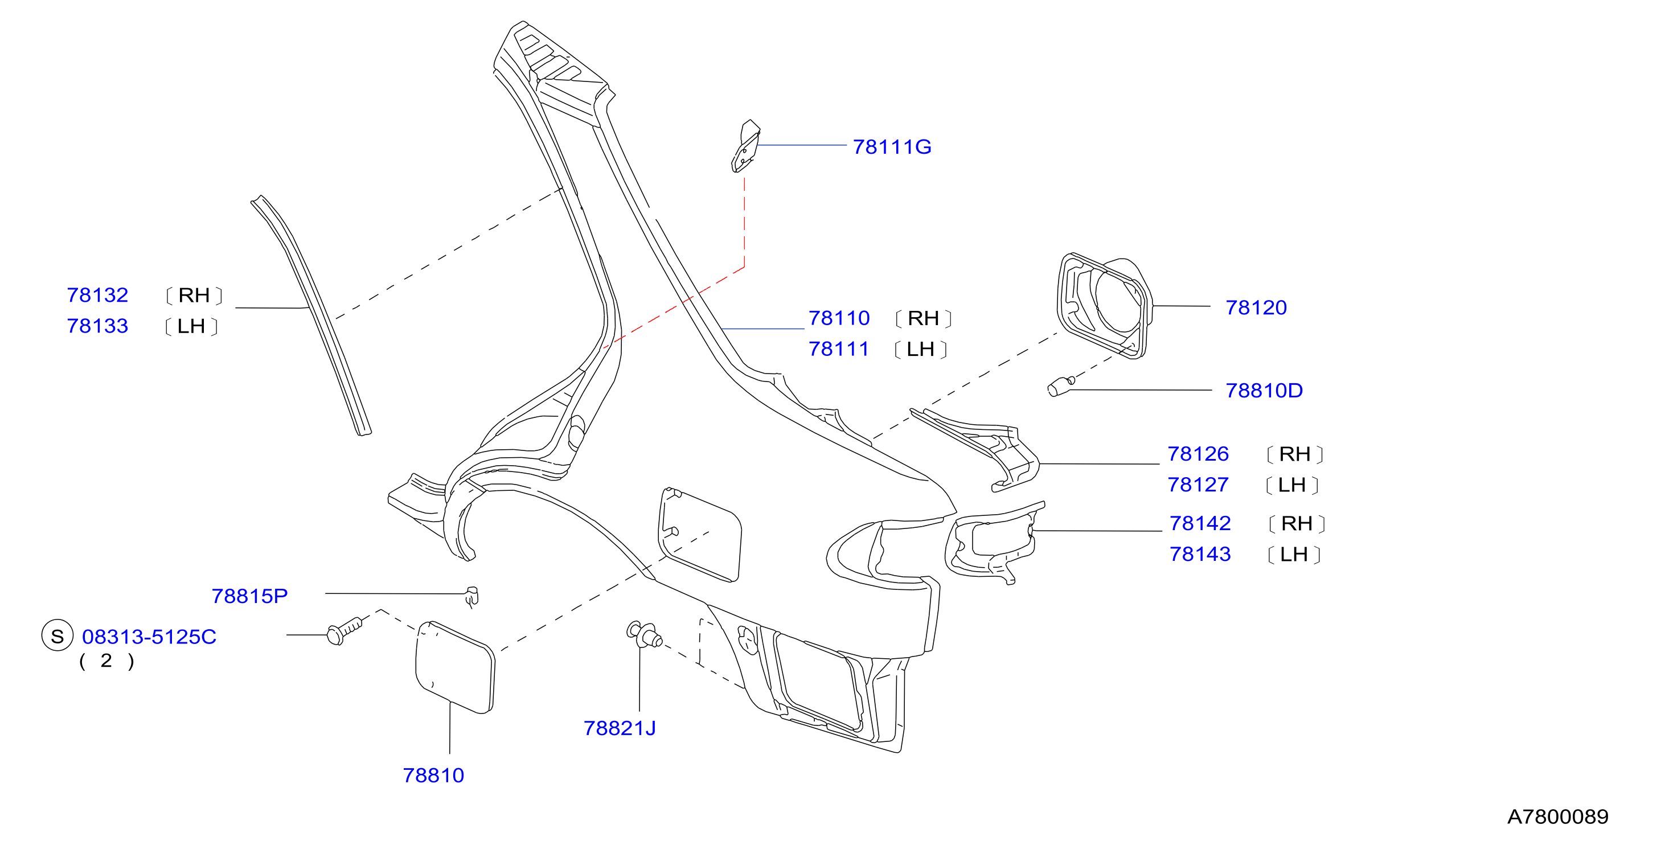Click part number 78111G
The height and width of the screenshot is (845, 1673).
[892, 147]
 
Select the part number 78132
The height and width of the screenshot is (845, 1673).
[97, 295]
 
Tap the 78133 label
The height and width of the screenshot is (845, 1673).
[97, 326]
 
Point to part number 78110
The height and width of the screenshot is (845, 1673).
[839, 318]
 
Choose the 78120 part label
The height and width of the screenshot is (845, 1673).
[1256, 307]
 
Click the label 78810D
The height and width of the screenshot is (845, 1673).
[1264, 391]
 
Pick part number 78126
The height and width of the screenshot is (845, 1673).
[1198, 453]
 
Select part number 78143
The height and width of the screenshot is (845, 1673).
[1200, 554]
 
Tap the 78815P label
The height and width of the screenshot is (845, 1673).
[249, 596]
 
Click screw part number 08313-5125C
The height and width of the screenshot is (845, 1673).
[149, 637]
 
